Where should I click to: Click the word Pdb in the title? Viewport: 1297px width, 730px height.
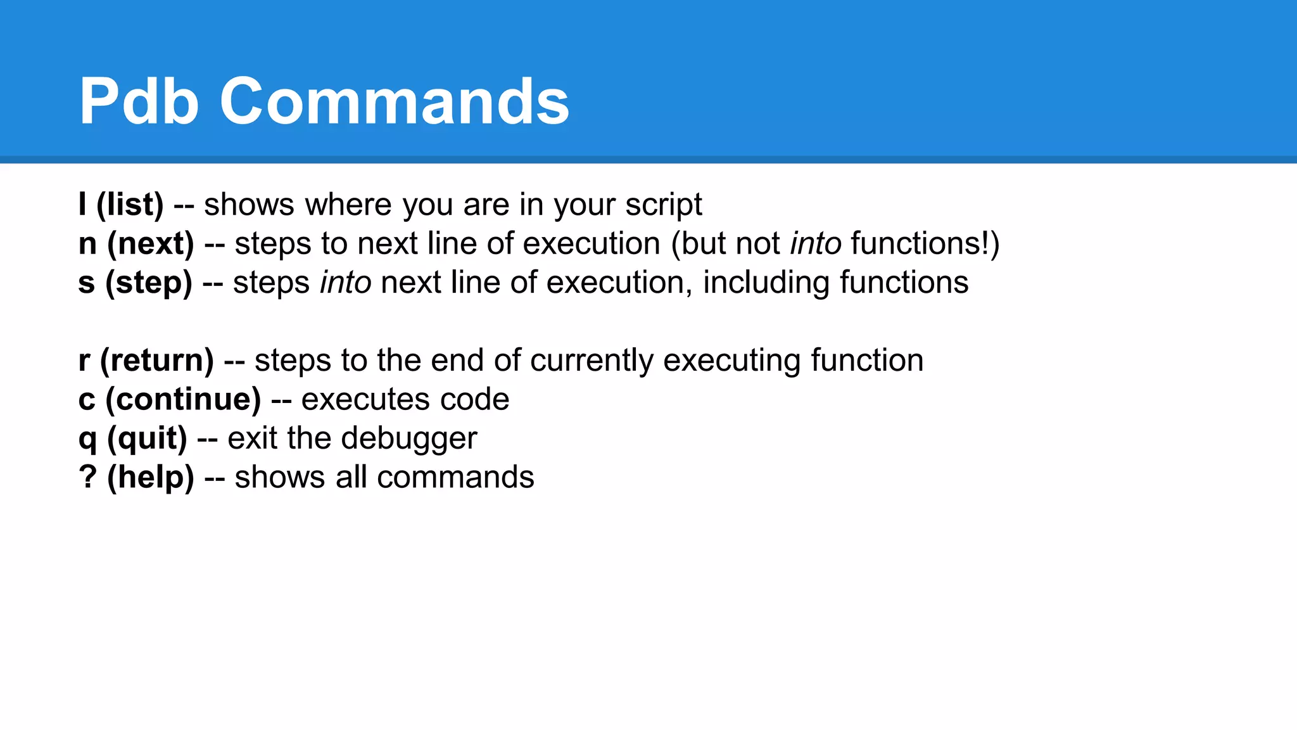coord(139,101)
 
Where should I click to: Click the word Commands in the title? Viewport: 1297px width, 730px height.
coord(394,101)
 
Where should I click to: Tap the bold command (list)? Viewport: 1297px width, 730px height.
coord(130,205)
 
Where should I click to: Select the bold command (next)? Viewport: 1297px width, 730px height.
coord(151,244)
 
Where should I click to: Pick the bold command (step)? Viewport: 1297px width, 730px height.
coord(149,283)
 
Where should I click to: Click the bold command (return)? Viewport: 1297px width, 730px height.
coord(157,361)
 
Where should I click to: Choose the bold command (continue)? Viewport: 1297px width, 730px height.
coord(183,399)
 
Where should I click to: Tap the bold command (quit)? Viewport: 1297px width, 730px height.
coord(148,439)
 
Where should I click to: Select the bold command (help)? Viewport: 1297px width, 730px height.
coord(151,477)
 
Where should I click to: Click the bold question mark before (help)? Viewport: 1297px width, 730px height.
coord(87,477)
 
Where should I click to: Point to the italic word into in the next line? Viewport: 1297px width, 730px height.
coord(816,244)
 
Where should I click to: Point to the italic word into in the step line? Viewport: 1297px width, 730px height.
coord(346,283)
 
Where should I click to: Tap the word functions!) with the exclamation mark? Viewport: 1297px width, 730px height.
coord(925,244)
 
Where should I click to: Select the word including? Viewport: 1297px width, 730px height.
coord(766,283)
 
